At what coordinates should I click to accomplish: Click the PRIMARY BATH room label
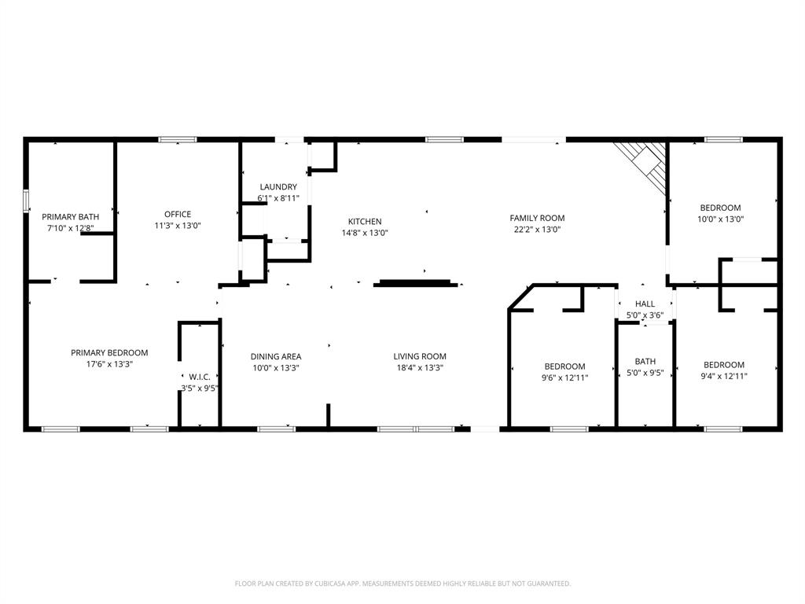click(x=71, y=216)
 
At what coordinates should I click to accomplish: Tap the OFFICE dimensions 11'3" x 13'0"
click(x=178, y=225)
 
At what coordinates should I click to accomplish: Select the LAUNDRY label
click(x=278, y=187)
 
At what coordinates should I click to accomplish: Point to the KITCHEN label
click(x=365, y=222)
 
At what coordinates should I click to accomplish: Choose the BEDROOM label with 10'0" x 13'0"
click(x=720, y=208)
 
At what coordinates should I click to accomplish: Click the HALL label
click(x=645, y=304)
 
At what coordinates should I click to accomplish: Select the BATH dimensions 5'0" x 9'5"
click(x=645, y=373)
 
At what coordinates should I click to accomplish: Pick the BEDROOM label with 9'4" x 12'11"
click(x=723, y=365)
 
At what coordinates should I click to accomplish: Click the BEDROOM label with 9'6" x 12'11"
click(x=564, y=366)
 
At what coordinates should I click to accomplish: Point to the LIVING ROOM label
click(x=420, y=356)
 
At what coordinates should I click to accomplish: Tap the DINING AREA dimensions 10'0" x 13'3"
click(x=275, y=367)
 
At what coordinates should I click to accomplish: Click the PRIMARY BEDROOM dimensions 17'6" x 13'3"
click(x=109, y=363)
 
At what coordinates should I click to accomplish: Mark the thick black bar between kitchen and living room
click(x=416, y=282)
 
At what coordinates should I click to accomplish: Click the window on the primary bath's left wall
click(x=26, y=201)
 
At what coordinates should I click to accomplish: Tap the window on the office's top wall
click(x=178, y=140)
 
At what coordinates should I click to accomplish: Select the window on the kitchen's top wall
click(x=444, y=140)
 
